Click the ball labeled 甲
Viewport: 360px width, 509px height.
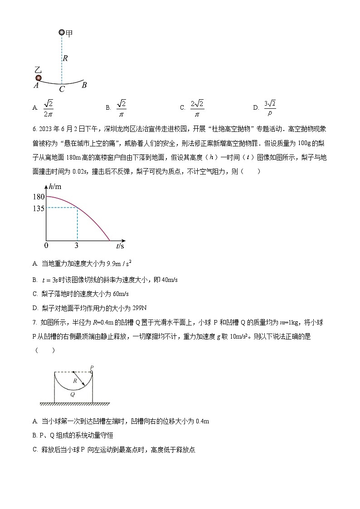[62, 32]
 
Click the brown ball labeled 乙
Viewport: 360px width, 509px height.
[39, 78]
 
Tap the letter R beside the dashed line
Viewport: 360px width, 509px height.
[65, 58]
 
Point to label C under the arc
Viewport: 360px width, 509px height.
[62, 89]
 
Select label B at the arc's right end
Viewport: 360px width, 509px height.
[84, 85]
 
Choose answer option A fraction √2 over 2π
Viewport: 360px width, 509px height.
[49, 107]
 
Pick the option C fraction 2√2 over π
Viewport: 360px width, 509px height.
[197, 107]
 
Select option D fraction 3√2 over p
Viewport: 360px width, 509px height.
[270, 107]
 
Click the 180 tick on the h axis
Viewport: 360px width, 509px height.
[39, 197]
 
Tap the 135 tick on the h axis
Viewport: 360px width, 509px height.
[39, 208]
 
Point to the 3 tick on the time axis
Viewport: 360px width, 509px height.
[77, 246]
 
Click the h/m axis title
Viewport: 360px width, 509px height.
[55, 187]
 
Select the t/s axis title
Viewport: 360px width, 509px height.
[120, 246]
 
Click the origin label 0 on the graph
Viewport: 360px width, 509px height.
[46, 246]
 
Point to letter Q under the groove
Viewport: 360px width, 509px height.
[73, 394]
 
